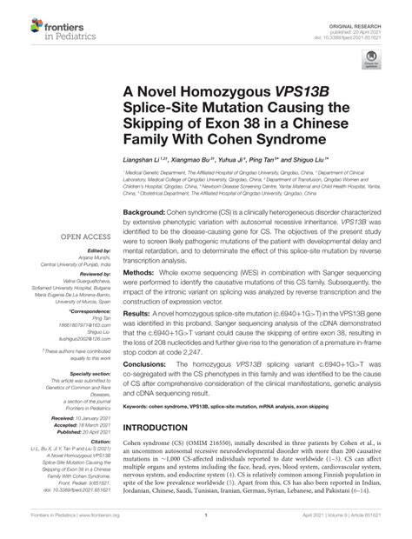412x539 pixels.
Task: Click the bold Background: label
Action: click(x=143, y=212)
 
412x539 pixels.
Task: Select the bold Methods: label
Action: click(x=140, y=296)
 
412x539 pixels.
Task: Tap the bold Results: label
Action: click(x=138, y=335)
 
